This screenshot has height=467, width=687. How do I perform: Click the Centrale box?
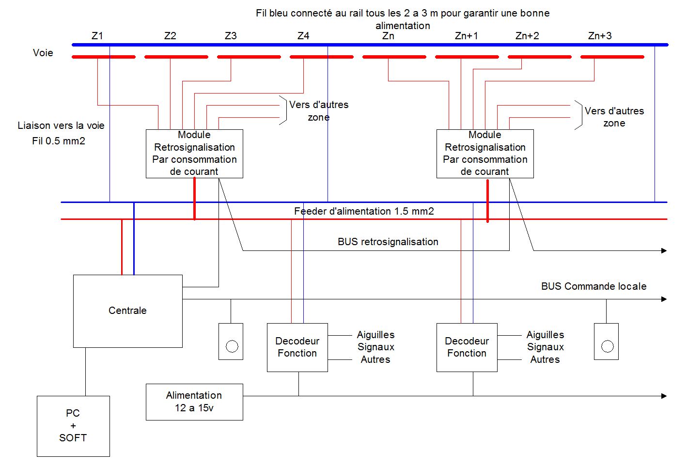127,311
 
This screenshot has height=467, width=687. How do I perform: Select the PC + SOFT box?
73,426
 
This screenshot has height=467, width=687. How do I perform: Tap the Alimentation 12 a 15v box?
194,402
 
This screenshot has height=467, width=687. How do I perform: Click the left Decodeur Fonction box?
297,347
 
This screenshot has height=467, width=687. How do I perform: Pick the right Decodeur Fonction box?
467,347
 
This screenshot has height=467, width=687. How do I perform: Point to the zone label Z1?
97,36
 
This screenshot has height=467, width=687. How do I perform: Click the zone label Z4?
303,36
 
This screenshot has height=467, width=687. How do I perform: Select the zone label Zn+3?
600,36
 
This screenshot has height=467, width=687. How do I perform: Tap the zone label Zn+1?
467,36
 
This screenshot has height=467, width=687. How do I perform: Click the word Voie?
43,53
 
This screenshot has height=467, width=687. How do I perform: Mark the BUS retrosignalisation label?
388,242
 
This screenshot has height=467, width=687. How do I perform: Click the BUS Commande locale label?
593,286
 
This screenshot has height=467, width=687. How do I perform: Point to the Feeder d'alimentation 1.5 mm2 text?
364,211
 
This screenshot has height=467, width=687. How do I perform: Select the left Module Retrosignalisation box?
194,154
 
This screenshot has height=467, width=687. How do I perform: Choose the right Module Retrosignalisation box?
485,154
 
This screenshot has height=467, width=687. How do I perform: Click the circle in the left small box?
232,346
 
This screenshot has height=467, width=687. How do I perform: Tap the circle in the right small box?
607,346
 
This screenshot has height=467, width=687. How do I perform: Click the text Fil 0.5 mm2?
59,141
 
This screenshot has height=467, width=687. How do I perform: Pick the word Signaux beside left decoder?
376,347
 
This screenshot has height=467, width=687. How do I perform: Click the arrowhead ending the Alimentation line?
664,396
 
